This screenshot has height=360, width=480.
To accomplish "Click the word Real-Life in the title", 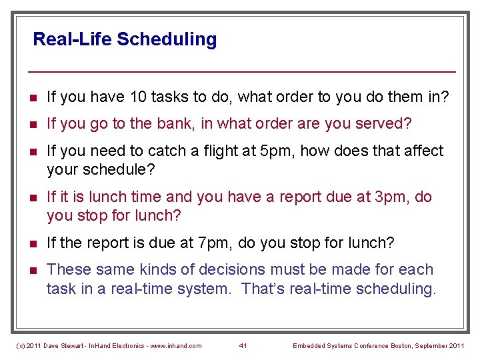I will tap(72, 39).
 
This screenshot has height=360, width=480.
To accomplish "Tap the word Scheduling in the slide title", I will tap(167, 40).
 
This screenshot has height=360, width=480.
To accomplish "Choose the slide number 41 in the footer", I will tap(243, 345).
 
